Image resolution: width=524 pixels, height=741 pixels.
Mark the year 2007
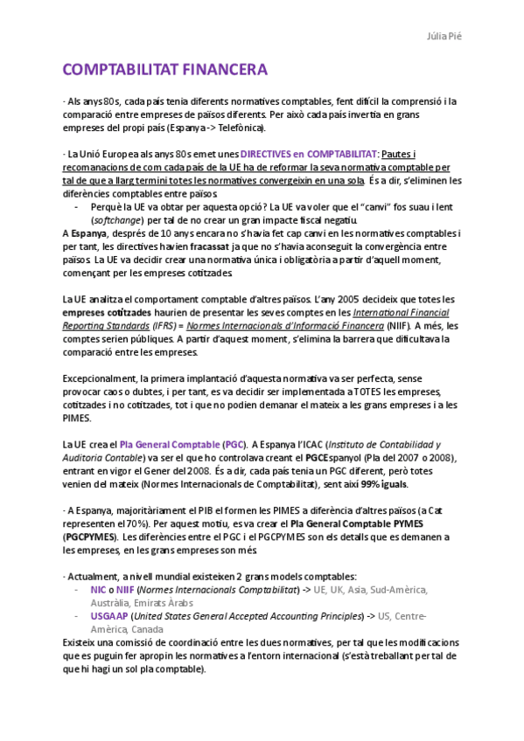(x=410, y=458)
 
